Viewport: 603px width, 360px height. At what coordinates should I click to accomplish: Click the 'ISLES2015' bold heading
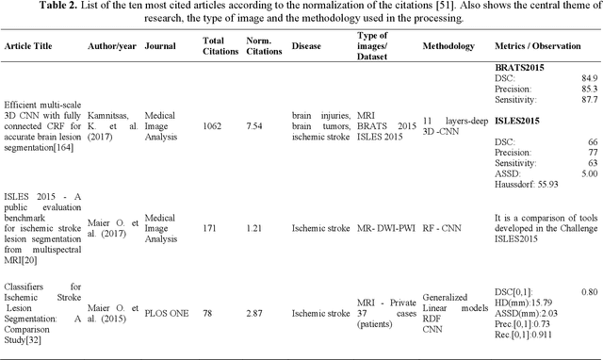coord(520,121)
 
